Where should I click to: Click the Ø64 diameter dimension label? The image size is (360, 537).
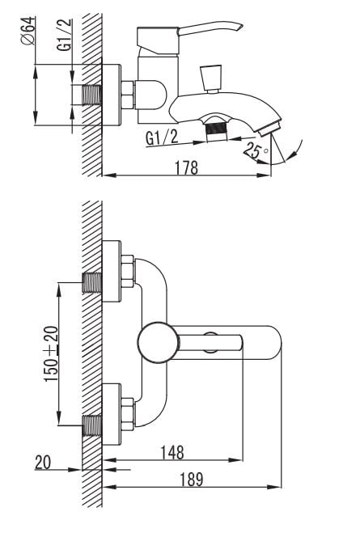click(28, 31)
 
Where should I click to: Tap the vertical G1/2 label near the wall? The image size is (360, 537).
click(65, 35)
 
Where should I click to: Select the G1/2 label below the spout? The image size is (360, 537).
click(162, 137)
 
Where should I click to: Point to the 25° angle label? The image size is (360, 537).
click(255, 150)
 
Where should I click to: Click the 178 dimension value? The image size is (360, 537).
click(187, 167)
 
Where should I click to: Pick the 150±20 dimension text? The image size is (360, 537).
click(51, 354)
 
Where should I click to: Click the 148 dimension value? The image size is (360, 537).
click(172, 452)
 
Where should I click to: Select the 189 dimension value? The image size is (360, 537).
click(192, 479)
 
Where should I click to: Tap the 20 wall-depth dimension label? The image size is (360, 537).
click(43, 462)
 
